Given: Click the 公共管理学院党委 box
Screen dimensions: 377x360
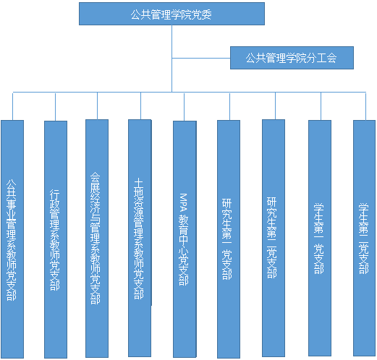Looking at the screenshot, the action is [171, 14].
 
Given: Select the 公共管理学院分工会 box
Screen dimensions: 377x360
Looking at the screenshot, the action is [292, 58].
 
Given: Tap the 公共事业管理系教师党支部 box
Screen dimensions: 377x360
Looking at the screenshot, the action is [12, 239].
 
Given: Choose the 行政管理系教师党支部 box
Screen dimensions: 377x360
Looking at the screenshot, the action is [56, 239].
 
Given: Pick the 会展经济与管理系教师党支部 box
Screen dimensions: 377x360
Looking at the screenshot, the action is [97, 239].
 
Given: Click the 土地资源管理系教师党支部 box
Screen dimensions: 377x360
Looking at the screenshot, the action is [140, 238].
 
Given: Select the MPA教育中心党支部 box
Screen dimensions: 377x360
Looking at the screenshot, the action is [185, 239].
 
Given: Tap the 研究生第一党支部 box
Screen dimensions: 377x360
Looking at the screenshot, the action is [229, 239].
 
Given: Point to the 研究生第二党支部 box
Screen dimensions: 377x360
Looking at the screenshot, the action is [274, 238].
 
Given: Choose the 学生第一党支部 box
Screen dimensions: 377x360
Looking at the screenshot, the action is [320, 238].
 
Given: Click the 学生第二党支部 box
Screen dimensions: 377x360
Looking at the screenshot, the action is [364, 238].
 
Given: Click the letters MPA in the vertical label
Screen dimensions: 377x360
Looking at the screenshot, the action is [184, 202].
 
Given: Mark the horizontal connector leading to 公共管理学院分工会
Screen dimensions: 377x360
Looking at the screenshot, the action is [201, 58].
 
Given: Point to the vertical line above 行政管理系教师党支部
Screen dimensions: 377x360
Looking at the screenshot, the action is [55, 106].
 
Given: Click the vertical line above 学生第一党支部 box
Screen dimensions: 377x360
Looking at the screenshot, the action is [321, 106].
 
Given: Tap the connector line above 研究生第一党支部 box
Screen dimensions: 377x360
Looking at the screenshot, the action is [229, 106].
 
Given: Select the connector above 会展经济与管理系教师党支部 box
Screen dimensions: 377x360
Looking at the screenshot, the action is [97, 106].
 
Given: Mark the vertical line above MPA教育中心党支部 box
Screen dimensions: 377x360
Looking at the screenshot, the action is [184, 106].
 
